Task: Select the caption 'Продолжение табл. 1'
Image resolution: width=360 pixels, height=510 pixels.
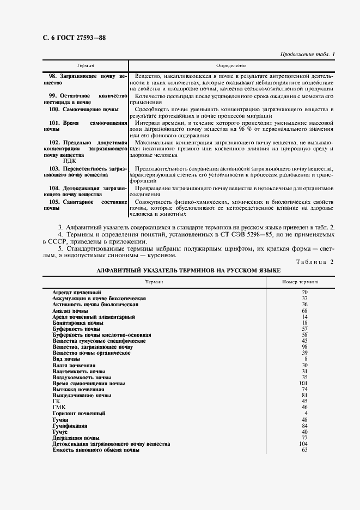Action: (307, 54)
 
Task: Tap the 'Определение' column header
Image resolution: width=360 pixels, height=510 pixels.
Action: (231, 65)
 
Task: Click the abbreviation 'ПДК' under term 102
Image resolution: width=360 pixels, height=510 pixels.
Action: (70, 161)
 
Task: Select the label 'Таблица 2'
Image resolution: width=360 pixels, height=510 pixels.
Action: (315, 262)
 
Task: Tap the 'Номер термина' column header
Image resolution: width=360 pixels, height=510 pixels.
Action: (301, 282)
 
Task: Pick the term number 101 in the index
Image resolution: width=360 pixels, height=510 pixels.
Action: (304, 383)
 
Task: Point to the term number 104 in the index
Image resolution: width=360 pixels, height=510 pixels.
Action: (304, 444)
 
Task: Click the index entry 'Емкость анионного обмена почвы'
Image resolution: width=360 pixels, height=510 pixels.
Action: (95, 450)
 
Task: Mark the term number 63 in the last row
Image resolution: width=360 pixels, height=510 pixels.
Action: (305, 450)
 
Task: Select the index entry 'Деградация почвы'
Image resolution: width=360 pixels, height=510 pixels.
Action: (76, 438)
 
